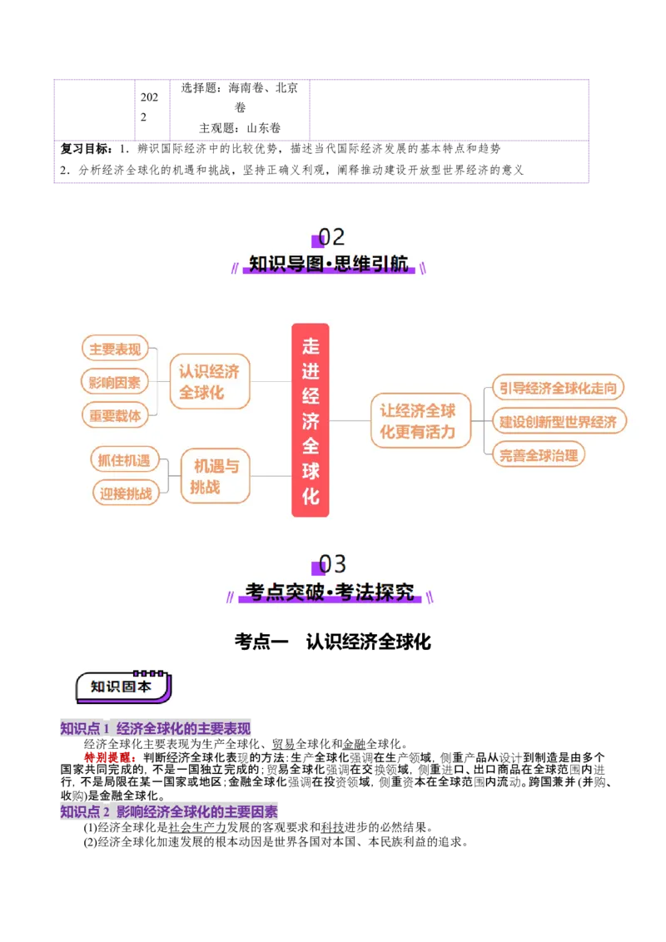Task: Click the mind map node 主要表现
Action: pos(115,350)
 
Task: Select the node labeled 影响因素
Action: pos(115,383)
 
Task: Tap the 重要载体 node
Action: pos(115,414)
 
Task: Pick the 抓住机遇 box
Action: pos(124,460)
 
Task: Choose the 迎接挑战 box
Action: pos(127,493)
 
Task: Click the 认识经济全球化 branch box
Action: pos(209,382)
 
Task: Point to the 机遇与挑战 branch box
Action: pos(215,477)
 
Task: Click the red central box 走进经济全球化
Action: pos(311,420)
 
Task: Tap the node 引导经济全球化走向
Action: pos(558,388)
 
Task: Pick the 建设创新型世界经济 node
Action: pos(558,421)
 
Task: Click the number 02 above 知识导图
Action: pos(331,238)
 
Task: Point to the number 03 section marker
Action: pos(332,564)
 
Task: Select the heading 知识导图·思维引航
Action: pos(330,265)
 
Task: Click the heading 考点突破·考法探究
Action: pos(330,592)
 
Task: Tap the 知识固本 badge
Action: pos(122,687)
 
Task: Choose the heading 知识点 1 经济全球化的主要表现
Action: pos(156,729)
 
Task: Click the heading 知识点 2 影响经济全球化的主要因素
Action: pos(169,811)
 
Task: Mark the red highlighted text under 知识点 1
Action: pos(109,757)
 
